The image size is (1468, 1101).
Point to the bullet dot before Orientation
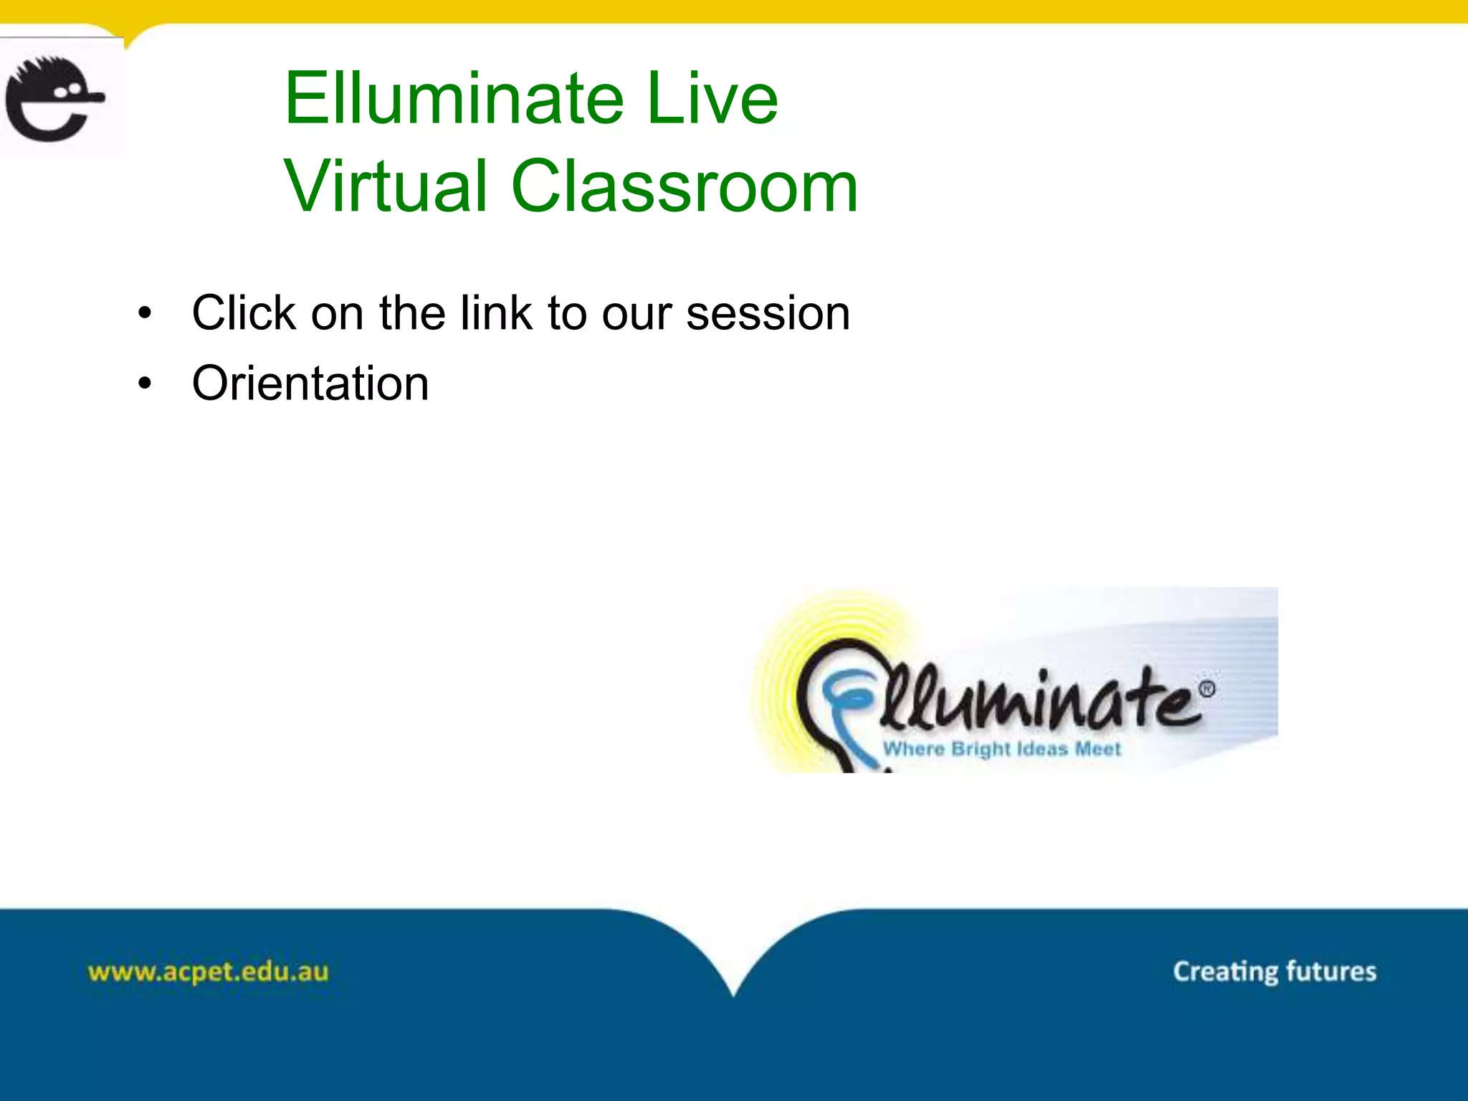pyautogui.click(x=146, y=384)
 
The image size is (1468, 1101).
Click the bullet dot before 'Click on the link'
pyautogui.click(x=146, y=313)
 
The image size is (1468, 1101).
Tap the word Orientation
pyautogui.click(x=310, y=383)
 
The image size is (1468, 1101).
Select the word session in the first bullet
pyautogui.click(x=768, y=313)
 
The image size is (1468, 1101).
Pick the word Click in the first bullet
pyautogui.click(x=244, y=313)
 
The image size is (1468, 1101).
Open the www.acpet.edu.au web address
pyautogui.click(x=208, y=972)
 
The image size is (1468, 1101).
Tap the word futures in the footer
pyautogui.click(x=1331, y=972)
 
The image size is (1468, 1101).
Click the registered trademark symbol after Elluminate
pyautogui.click(x=1207, y=690)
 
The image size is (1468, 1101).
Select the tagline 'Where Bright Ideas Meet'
pyautogui.click(x=1001, y=749)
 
